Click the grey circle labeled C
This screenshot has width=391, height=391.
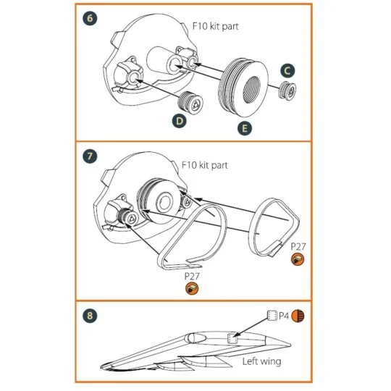(287, 71)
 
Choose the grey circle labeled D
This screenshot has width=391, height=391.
(178, 122)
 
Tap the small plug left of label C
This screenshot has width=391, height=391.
(287, 92)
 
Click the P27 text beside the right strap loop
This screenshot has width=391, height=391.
(298, 247)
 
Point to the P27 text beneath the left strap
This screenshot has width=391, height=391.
(191, 277)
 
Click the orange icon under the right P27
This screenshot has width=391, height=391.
(297, 259)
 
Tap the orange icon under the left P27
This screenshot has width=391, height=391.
(191, 289)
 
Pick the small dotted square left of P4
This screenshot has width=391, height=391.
(272, 315)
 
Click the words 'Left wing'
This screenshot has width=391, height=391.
(261, 361)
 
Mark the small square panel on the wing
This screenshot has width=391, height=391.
(233, 338)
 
